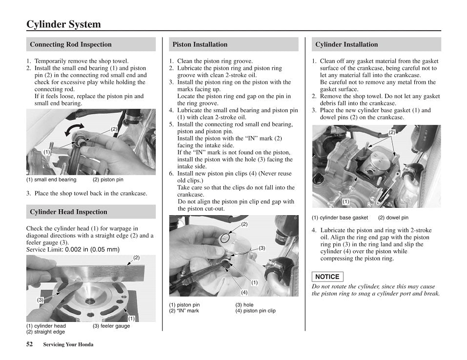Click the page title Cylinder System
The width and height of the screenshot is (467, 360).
click(64, 24)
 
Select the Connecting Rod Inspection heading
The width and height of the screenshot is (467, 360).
click(71, 44)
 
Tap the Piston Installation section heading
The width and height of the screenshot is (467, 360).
click(200, 44)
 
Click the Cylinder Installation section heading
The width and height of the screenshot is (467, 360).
click(346, 44)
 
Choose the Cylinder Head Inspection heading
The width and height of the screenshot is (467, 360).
click(68, 212)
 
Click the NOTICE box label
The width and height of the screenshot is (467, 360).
click(327, 277)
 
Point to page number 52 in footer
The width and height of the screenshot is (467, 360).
click(30, 344)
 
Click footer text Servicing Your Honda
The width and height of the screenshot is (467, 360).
click(68, 344)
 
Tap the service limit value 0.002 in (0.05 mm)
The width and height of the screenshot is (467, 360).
click(92, 249)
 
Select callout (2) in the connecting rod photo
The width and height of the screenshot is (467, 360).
click(114, 129)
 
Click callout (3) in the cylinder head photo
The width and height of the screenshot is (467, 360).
click(41, 300)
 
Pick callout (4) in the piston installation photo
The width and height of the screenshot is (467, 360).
click(244, 292)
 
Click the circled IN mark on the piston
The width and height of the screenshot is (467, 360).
click(224, 238)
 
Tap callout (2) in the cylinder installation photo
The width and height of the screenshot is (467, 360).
click(391, 132)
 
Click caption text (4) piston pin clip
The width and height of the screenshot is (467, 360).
click(255, 311)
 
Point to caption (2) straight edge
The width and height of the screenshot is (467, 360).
click(45, 332)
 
